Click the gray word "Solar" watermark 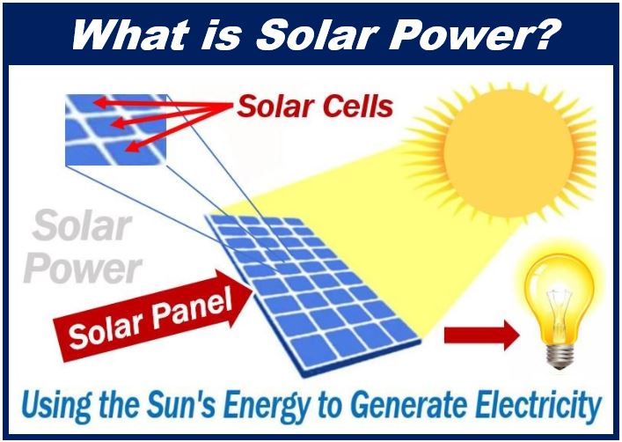81,225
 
